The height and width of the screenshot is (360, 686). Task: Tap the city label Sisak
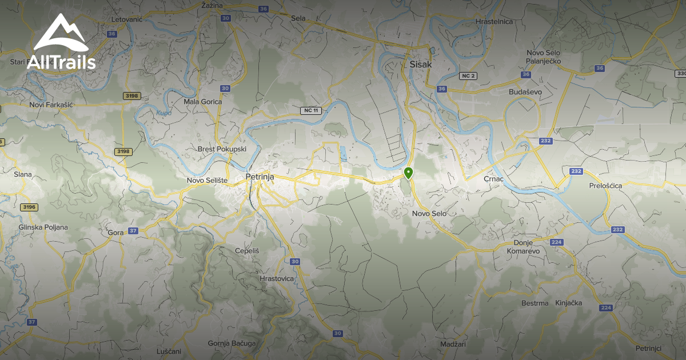421,64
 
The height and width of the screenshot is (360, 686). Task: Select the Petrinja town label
260,177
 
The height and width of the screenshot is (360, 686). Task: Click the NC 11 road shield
312,110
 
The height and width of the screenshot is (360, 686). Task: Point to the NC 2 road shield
468,76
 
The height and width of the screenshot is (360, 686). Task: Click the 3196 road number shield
29,207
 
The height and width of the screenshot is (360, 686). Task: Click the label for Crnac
493,179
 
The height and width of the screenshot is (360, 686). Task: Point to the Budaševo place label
524,91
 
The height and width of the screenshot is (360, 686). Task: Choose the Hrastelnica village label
494,22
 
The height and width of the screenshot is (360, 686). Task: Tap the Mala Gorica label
203,102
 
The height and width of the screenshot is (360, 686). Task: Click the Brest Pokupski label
222,149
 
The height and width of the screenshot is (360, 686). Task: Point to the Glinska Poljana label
43,227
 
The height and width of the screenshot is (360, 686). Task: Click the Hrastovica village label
277,278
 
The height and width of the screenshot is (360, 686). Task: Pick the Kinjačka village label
568,303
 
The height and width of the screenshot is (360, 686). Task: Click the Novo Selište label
208,181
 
